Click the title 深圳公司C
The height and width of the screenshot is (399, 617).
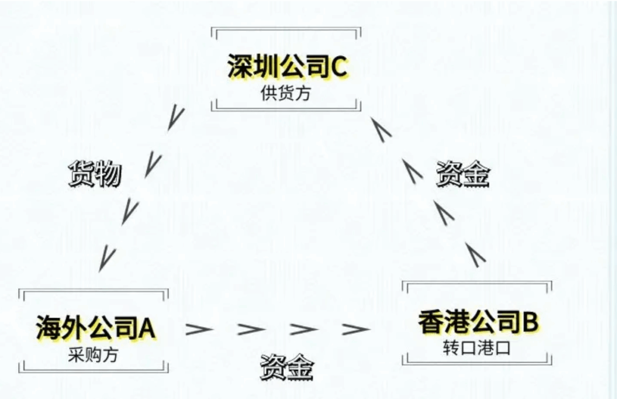(287, 67)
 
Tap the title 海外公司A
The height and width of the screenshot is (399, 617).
(96, 328)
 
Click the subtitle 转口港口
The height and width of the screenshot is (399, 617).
(477, 349)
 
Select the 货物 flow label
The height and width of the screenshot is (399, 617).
(95, 174)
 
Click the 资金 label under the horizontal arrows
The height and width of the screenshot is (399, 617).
(287, 366)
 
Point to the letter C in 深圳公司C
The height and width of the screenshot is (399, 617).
(339, 67)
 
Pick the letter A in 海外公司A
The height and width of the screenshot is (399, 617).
(148, 328)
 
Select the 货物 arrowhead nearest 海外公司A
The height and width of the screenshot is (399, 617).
(107, 258)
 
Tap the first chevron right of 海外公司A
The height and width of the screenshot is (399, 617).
(198, 329)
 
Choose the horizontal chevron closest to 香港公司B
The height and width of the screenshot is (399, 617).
(355, 329)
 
